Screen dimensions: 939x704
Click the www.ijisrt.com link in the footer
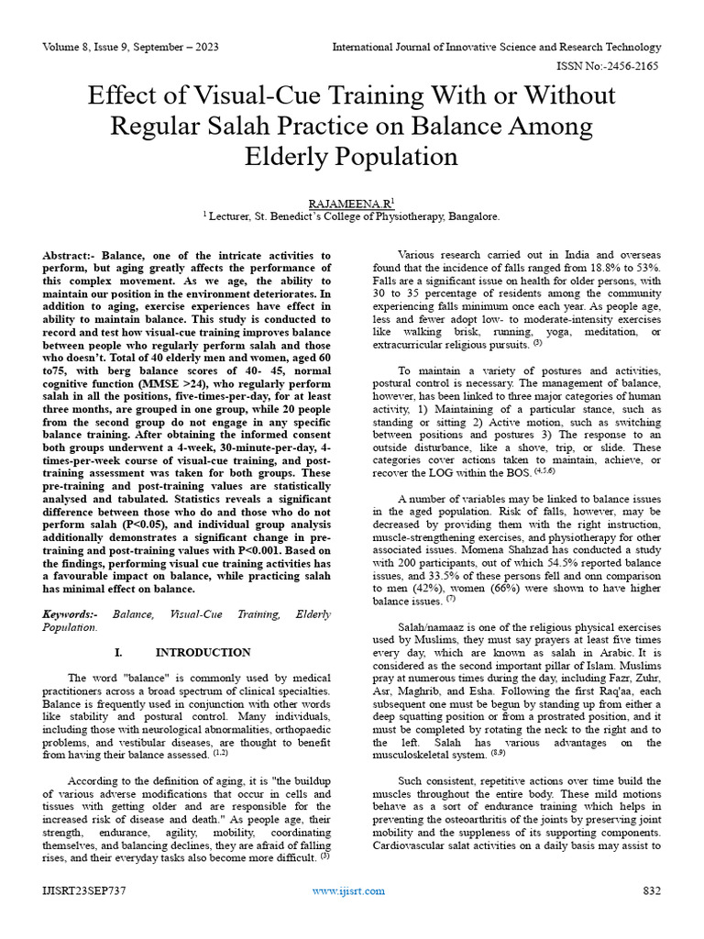click(x=348, y=890)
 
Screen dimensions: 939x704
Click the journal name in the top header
click(x=496, y=47)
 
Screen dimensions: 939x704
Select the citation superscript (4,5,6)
click(x=545, y=471)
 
